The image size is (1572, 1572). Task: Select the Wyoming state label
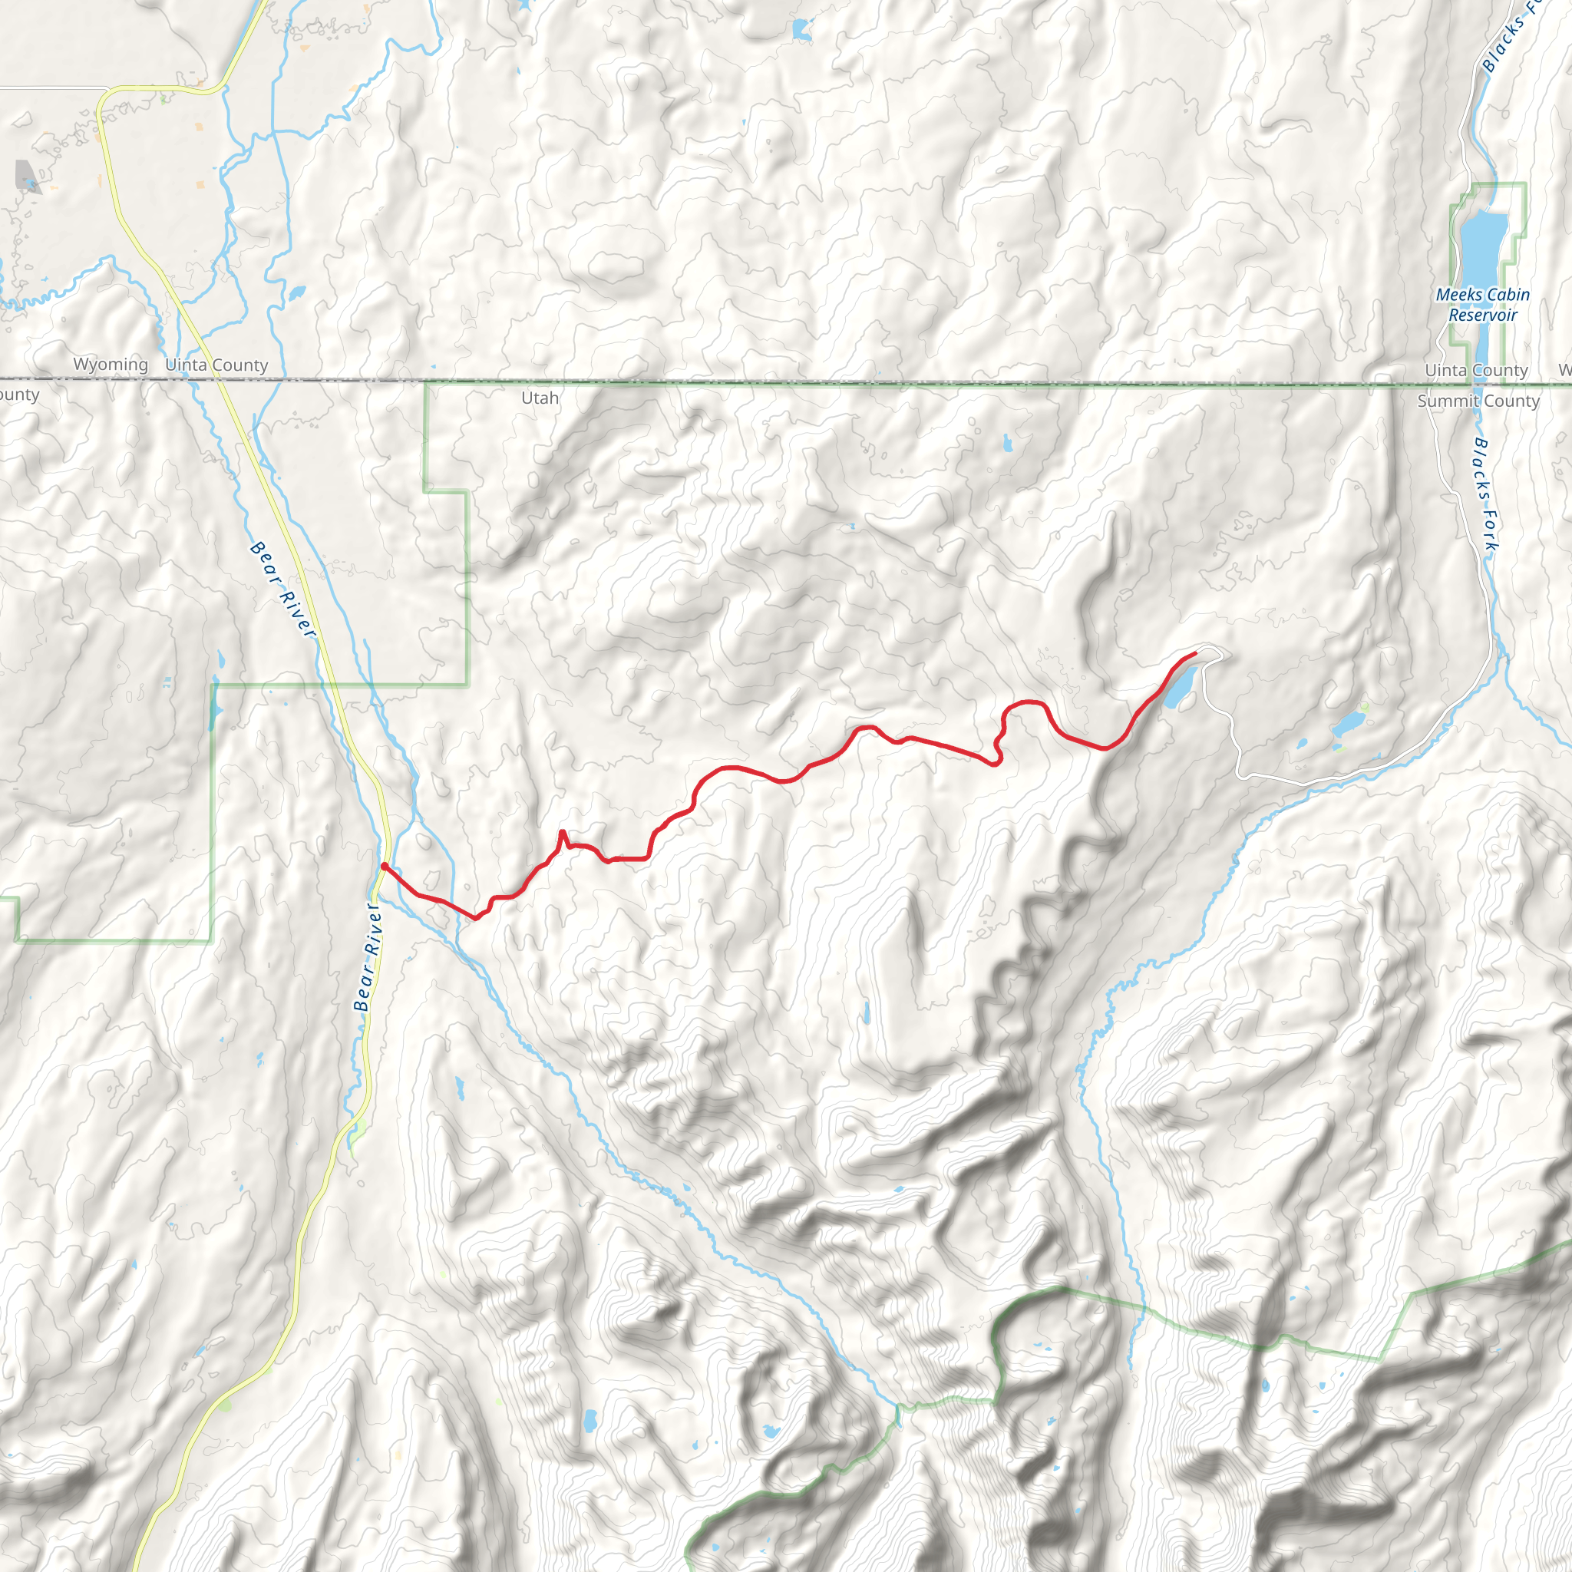click(111, 365)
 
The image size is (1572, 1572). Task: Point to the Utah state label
click(540, 398)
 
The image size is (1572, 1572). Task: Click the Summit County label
click(1478, 401)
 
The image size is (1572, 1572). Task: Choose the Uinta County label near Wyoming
click(216, 365)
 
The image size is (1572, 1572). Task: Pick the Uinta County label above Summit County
click(1476, 370)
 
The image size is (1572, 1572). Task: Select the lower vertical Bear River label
click(368, 956)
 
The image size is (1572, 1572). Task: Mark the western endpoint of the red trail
click(384, 867)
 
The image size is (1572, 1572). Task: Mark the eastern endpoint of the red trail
click(1194, 653)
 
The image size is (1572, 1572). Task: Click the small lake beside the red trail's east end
click(1179, 689)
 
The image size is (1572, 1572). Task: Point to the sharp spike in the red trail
click(562, 832)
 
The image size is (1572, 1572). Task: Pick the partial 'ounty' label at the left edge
click(18, 395)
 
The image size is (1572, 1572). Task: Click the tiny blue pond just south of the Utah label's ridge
click(1008, 444)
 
